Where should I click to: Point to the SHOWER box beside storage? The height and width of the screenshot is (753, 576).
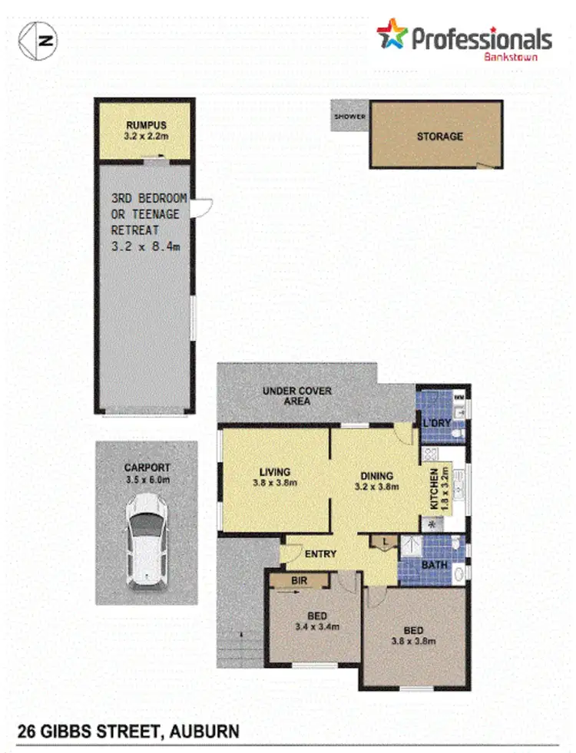[x=349, y=117]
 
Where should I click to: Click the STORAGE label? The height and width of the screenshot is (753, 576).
[x=440, y=137]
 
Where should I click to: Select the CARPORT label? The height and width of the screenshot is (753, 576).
[x=147, y=467]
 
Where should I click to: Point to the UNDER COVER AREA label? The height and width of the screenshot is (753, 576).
[x=297, y=396]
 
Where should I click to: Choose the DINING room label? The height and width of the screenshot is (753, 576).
[x=374, y=475]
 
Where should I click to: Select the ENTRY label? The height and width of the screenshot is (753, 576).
[x=320, y=553]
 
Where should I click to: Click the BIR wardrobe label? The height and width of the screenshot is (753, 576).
[x=300, y=581]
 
